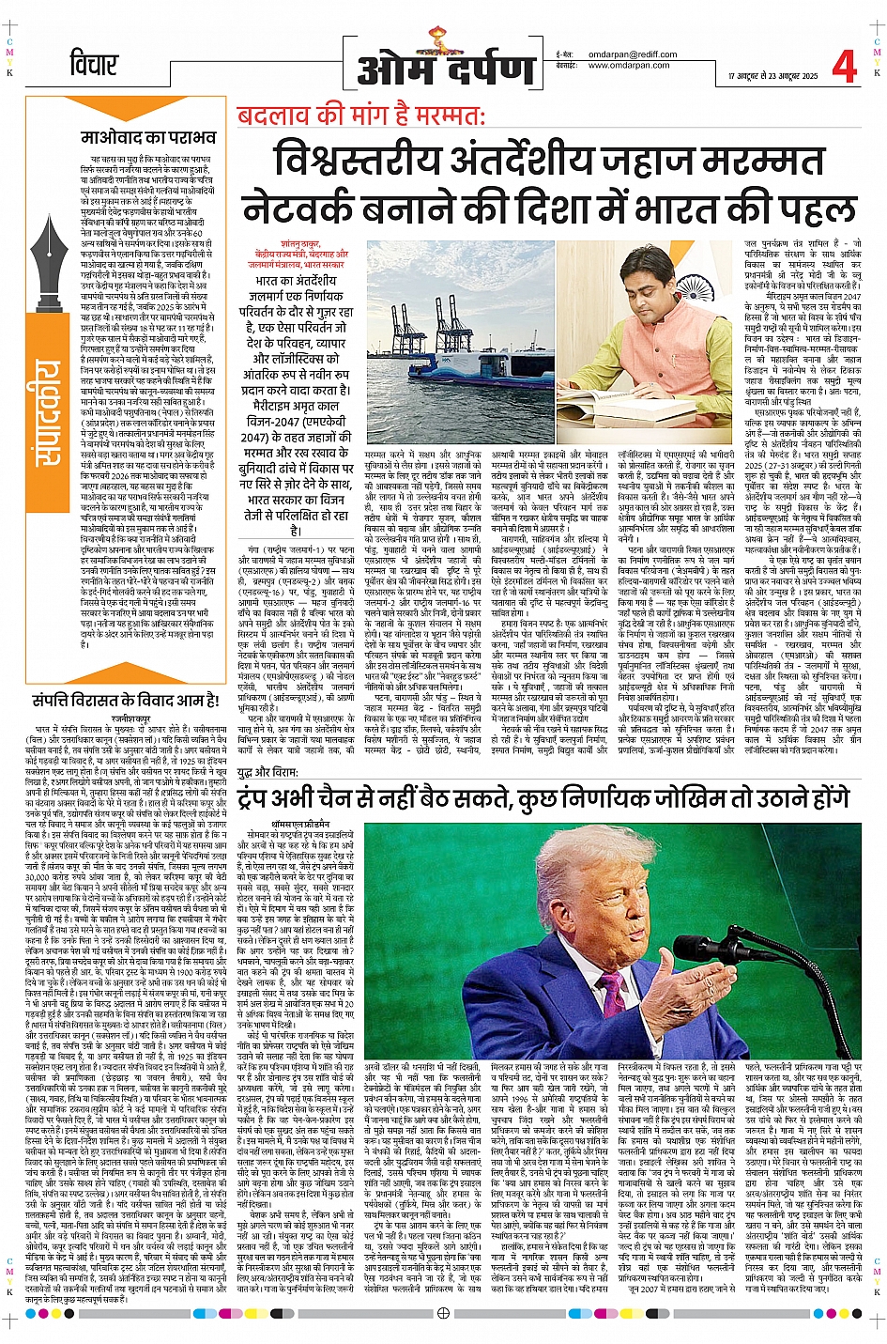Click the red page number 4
pyautogui.click(x=844, y=65)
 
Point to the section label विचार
pyautogui.click(x=95, y=66)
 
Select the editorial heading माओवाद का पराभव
pyautogui.click(x=148, y=138)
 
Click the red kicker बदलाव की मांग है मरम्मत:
pyautogui.click(x=360, y=116)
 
